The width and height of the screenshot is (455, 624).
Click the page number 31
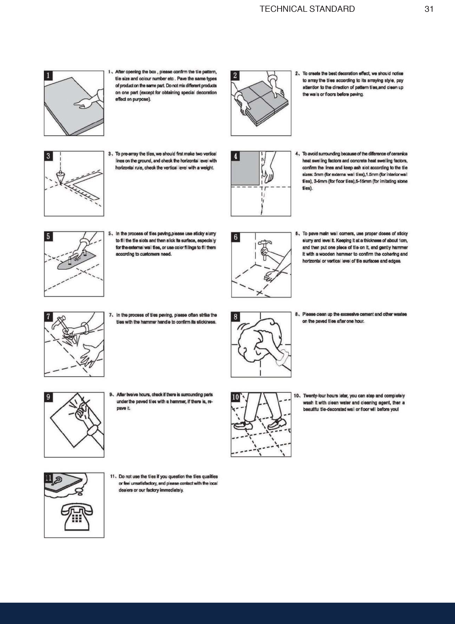(429, 9)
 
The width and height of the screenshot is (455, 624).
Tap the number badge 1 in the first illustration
(48, 75)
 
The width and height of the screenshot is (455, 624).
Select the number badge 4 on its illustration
(236, 156)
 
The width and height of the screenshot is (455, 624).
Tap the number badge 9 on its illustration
(48, 397)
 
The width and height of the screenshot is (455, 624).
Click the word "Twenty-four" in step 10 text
(314, 396)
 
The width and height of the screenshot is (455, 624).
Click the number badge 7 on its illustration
(48, 316)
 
